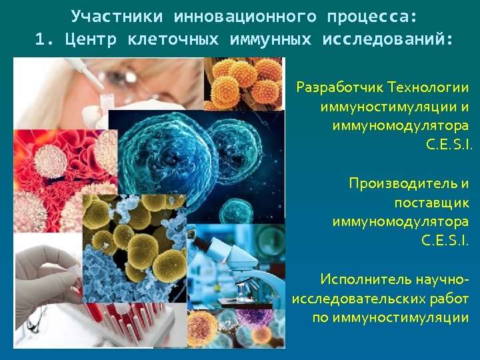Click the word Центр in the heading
[x=91, y=39]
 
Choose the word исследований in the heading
[x=387, y=39]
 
